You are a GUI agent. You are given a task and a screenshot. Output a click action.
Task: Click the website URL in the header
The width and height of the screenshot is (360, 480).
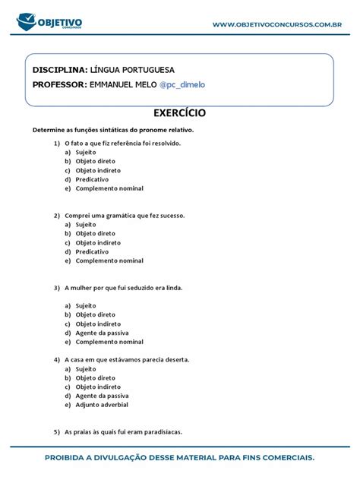tap(276, 25)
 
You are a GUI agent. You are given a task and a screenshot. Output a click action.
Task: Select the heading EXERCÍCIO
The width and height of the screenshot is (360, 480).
tap(179, 113)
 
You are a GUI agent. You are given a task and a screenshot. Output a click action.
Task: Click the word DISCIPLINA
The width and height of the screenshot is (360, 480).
tap(60, 69)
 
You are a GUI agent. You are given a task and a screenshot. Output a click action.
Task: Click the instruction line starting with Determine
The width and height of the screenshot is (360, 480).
tap(113, 130)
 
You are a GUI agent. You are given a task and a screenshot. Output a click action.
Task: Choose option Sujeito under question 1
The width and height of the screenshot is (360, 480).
tap(86, 152)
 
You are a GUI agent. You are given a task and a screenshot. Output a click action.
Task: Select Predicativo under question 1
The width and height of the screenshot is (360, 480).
tap(92, 179)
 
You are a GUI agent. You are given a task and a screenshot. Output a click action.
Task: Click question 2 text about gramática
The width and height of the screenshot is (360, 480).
tap(125, 215)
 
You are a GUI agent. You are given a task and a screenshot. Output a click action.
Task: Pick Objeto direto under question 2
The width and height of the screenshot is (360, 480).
tap(96, 233)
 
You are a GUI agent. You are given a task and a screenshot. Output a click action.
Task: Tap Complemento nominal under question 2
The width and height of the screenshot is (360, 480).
tap(109, 261)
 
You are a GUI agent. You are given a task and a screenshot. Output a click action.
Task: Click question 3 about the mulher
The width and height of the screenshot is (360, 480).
tap(124, 288)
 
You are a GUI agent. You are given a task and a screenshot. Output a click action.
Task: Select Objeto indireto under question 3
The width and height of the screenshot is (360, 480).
tap(98, 324)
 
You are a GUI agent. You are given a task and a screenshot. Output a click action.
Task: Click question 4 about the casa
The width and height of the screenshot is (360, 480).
tap(127, 359)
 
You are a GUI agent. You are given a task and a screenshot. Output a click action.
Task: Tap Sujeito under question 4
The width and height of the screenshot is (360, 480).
tap(86, 368)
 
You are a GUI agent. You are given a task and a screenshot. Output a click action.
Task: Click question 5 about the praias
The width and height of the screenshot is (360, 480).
tap(123, 432)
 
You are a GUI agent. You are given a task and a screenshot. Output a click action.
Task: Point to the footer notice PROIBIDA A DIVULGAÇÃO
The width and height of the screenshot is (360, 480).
tap(179, 458)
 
